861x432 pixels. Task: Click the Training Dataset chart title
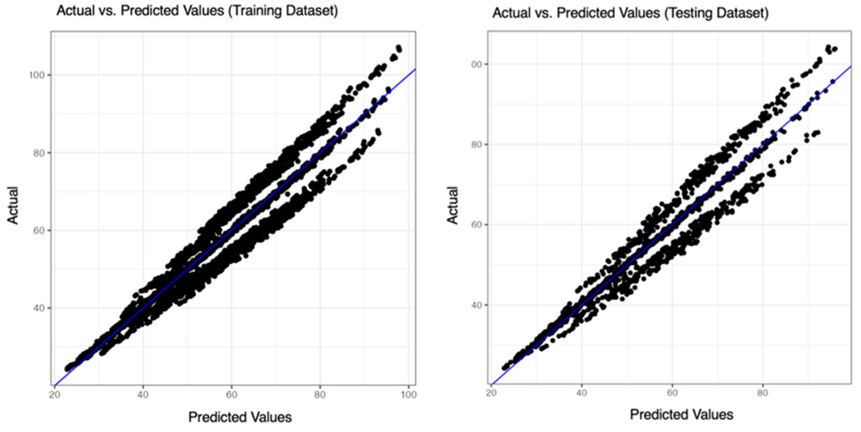197,11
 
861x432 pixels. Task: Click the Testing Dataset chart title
630,13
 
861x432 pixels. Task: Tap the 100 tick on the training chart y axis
37,75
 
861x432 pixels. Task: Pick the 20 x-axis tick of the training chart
55,395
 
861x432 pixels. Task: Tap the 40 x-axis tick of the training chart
143,395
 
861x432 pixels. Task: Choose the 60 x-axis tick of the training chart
231,395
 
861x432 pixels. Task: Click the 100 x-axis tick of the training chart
409,395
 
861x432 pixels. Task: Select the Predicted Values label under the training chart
240,417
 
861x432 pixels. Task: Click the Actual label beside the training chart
13,205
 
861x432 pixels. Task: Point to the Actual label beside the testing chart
452,205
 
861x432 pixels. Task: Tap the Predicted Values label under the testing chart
681,415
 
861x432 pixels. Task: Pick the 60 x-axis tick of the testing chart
672,393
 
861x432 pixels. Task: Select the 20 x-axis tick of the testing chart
491,393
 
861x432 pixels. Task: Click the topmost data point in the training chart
398,48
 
